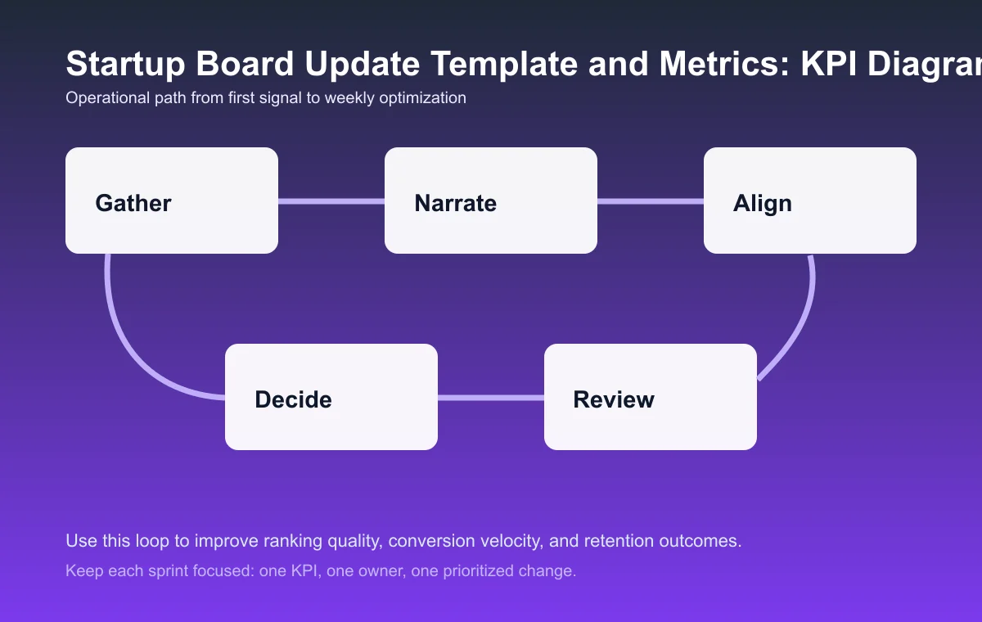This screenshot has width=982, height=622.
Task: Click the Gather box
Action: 172,201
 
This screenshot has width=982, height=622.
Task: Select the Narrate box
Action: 491,201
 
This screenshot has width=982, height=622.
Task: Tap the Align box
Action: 810,201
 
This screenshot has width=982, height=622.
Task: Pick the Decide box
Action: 331,397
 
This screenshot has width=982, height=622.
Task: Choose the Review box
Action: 651,397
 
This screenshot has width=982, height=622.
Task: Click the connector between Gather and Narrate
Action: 331,201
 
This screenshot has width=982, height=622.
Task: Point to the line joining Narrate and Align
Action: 651,201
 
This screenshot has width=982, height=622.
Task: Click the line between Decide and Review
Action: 491,398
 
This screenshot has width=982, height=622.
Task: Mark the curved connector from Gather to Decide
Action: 131,344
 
